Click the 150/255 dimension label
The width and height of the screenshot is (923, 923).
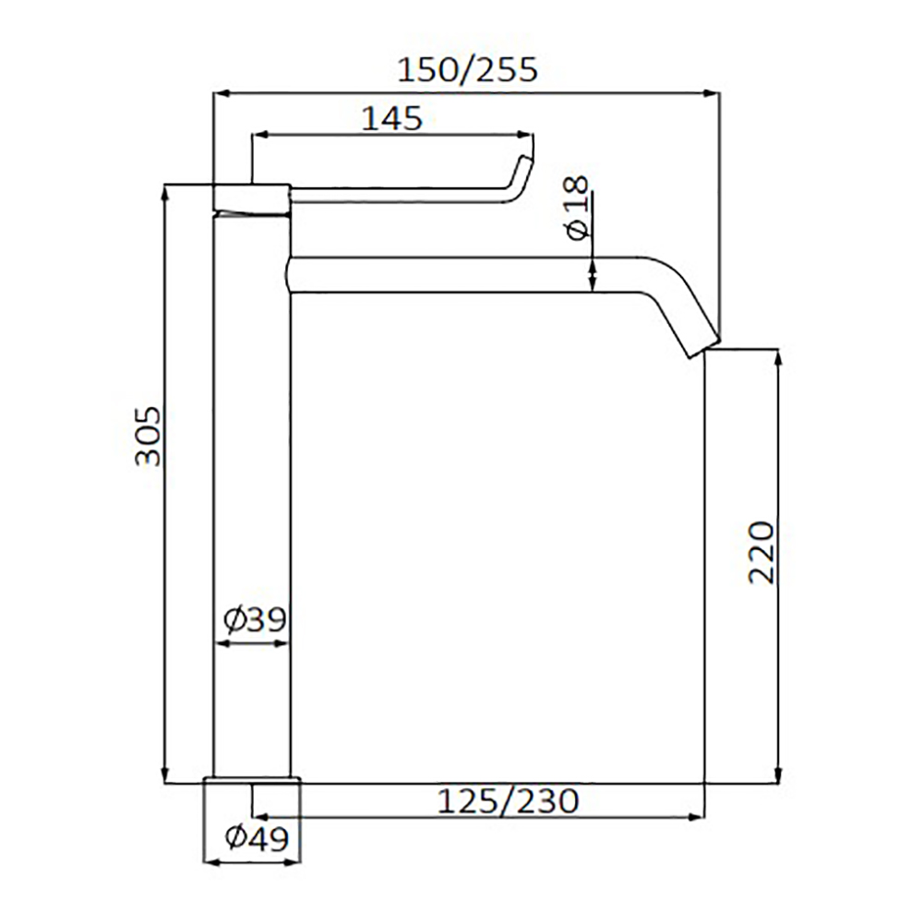tap(467, 69)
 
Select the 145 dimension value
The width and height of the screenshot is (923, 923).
tap(391, 118)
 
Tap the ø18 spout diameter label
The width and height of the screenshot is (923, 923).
tap(578, 207)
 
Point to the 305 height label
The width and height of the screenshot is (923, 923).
tap(147, 436)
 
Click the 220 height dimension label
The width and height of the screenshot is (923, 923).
tap(761, 553)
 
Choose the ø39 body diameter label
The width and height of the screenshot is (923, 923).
tap(255, 618)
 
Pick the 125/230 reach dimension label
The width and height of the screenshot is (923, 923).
tap(508, 801)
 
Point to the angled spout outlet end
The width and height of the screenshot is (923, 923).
tap(704, 347)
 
